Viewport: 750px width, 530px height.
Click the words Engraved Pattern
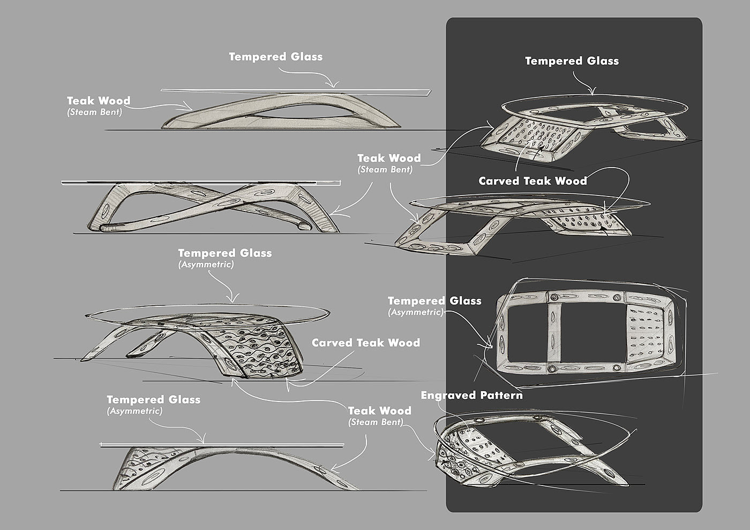coord(471,396)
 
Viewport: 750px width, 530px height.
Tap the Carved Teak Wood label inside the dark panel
coord(532,181)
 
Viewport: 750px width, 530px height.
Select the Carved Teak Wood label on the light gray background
coord(366,343)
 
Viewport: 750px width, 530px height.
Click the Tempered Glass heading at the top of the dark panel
coord(572,61)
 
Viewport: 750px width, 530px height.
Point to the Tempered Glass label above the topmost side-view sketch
coord(275,57)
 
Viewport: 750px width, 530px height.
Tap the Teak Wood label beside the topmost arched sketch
coord(98,101)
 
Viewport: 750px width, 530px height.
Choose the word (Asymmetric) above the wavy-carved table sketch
coord(206,264)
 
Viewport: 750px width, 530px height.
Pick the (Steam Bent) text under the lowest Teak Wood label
coord(376,422)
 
